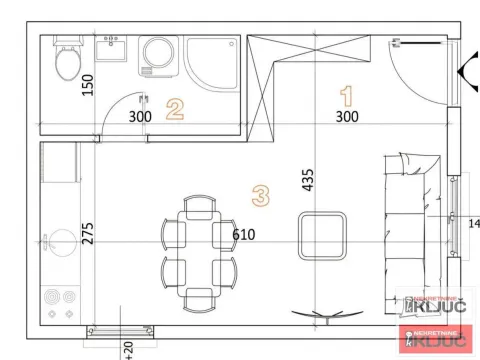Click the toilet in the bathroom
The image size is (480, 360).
[x=68, y=61]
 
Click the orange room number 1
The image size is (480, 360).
[x=347, y=96]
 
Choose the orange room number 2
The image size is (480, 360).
[x=175, y=108]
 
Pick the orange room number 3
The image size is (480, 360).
[x=261, y=195]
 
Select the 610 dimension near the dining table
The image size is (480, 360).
[x=243, y=235]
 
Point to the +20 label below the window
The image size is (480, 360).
[x=128, y=348]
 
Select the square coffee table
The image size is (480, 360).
[x=323, y=236]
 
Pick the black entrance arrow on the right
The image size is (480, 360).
[x=466, y=71]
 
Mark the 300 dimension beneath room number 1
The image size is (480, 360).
[x=346, y=117]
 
